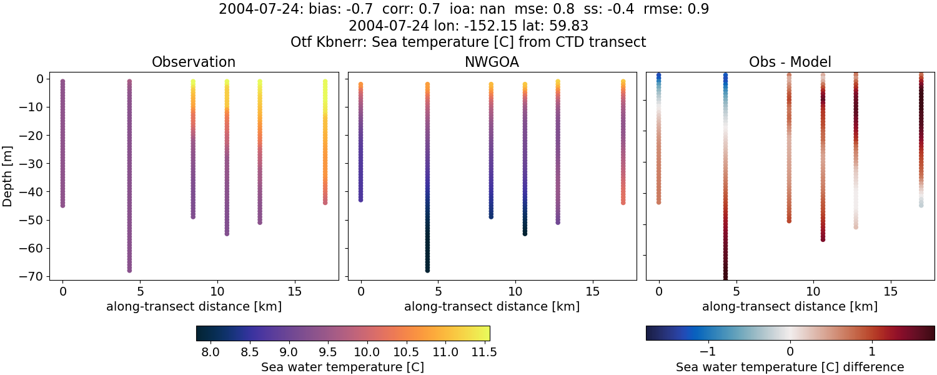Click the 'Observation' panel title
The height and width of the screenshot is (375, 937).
(x=194, y=62)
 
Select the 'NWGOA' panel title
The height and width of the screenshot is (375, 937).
(x=492, y=62)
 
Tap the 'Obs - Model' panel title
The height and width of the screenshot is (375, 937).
(x=790, y=62)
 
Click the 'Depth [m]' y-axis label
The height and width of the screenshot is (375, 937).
(x=8, y=176)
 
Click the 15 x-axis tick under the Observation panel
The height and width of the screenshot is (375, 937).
(x=294, y=291)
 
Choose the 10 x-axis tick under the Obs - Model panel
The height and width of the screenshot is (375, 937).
(x=813, y=291)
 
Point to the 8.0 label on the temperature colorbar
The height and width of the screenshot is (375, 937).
(x=211, y=352)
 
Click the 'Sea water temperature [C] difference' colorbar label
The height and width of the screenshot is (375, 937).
(x=790, y=367)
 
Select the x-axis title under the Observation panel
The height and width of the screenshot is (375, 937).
(x=194, y=306)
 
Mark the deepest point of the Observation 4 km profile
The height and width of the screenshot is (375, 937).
(x=129, y=270)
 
